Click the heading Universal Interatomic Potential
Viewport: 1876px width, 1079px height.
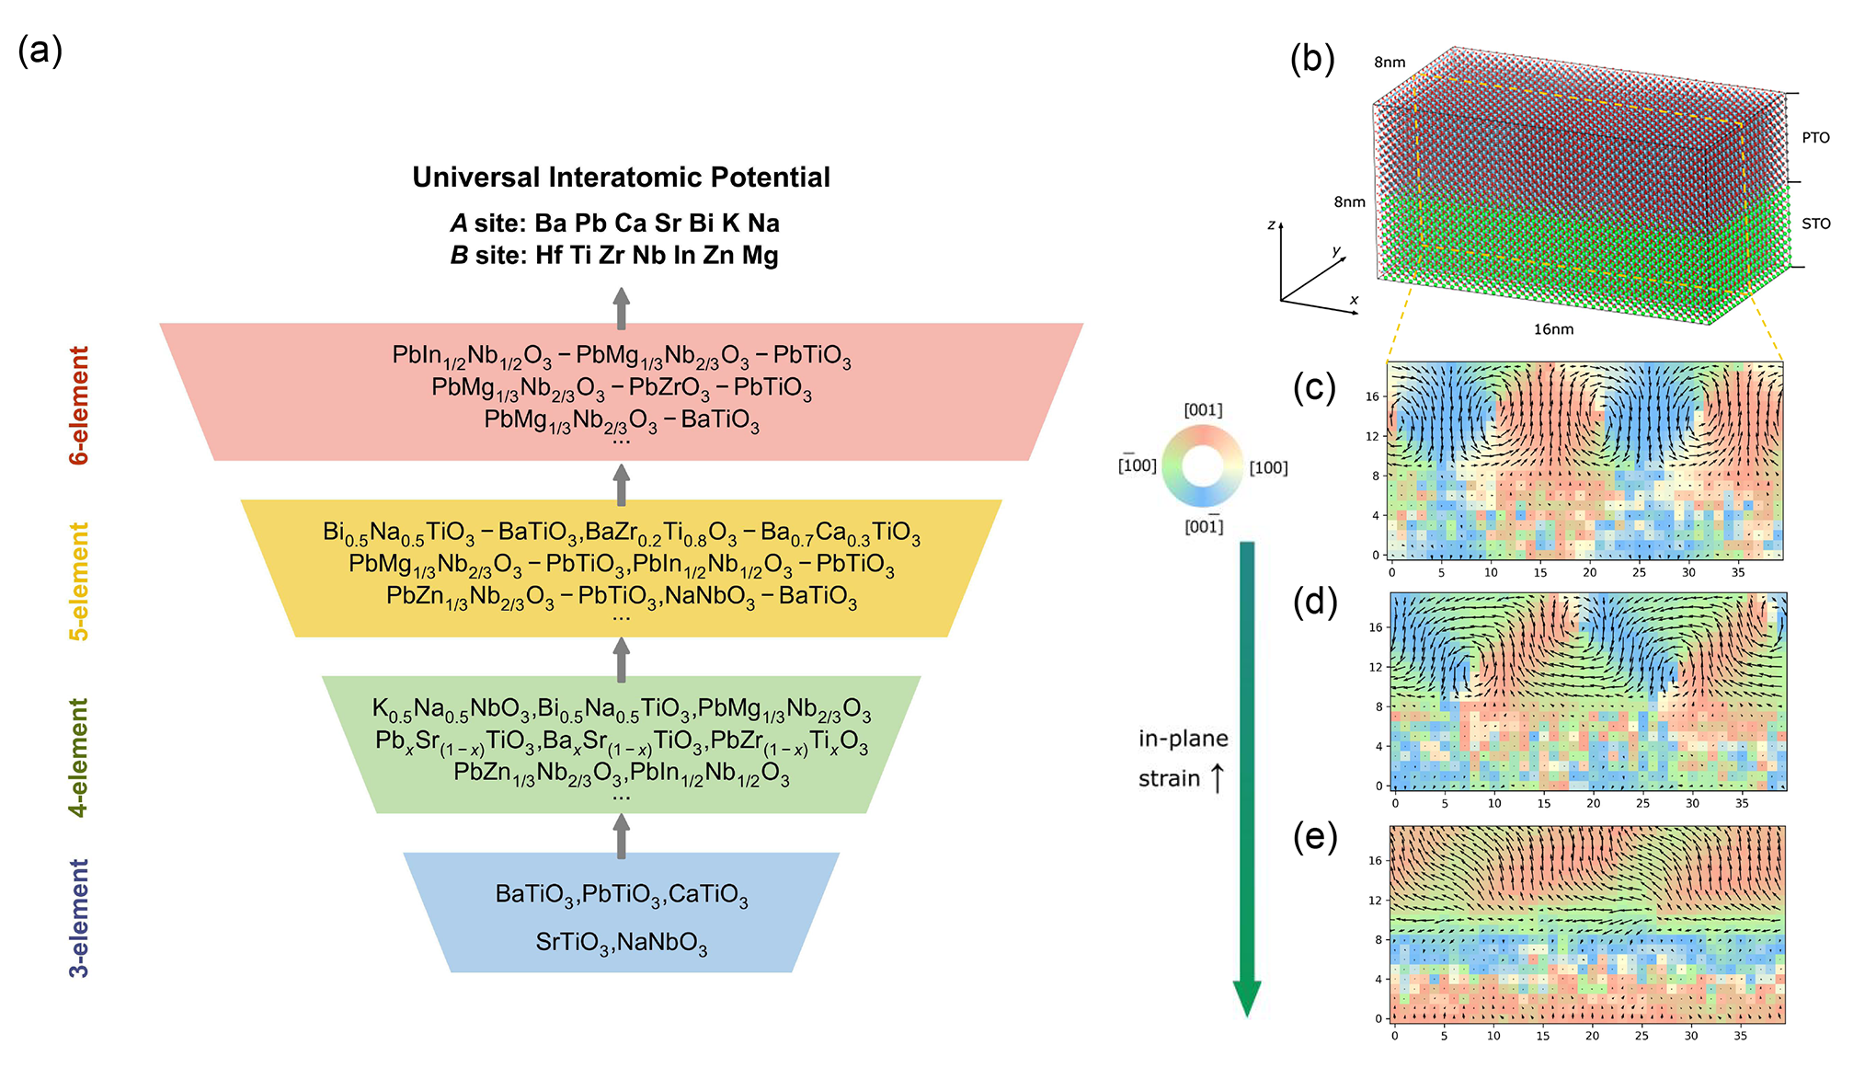pyautogui.click(x=621, y=177)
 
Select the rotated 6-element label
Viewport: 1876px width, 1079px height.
pyautogui.click(x=80, y=405)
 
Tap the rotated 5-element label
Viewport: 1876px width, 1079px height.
pyautogui.click(x=80, y=581)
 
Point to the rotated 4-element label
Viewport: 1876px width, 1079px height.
pyautogui.click(x=80, y=757)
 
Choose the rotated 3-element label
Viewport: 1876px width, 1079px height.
pyautogui.click(x=80, y=918)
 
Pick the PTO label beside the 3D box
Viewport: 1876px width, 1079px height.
pyautogui.click(x=1815, y=138)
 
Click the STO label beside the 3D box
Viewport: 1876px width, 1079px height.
pyautogui.click(x=1815, y=224)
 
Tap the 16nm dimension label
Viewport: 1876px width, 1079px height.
pyautogui.click(x=1553, y=329)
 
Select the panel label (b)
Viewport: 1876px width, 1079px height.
pyautogui.click(x=1312, y=58)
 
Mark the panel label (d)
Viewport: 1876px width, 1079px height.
pyautogui.click(x=1314, y=602)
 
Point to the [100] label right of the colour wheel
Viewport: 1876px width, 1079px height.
pyautogui.click(x=1268, y=468)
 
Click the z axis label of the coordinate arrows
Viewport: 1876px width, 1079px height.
pyautogui.click(x=1271, y=225)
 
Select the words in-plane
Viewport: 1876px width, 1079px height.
pyautogui.click(x=1183, y=739)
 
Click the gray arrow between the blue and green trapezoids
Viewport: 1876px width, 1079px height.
pyautogui.click(x=622, y=835)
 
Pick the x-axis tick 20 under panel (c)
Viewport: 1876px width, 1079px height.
pyautogui.click(x=1589, y=572)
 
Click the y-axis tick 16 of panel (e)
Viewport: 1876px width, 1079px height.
pyautogui.click(x=1374, y=861)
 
